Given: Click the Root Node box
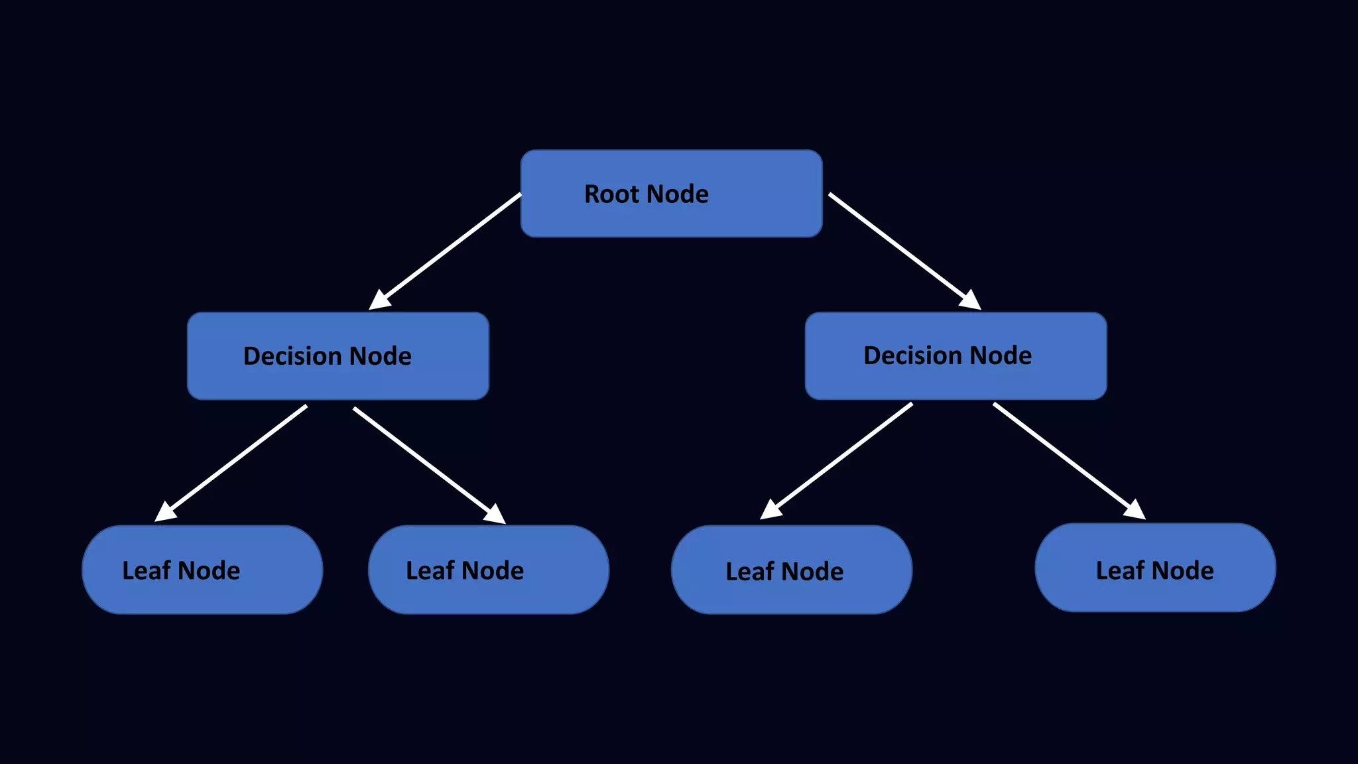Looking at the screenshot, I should (671, 194).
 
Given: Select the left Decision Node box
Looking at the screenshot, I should (338, 356).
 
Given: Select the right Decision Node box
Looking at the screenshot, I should (956, 356).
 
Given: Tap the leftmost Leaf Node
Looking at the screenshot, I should (202, 570).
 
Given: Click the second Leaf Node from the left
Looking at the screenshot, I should (489, 570).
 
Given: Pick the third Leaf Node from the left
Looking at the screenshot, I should (792, 570).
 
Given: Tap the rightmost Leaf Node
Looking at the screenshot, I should (1155, 568).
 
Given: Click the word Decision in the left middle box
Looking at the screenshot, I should (292, 356).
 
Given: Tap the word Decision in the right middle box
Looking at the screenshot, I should (912, 355).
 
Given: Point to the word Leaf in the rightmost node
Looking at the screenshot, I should (1120, 570).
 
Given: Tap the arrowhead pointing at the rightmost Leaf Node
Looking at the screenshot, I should (1135, 509).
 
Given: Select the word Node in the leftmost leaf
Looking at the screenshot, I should (209, 570).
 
